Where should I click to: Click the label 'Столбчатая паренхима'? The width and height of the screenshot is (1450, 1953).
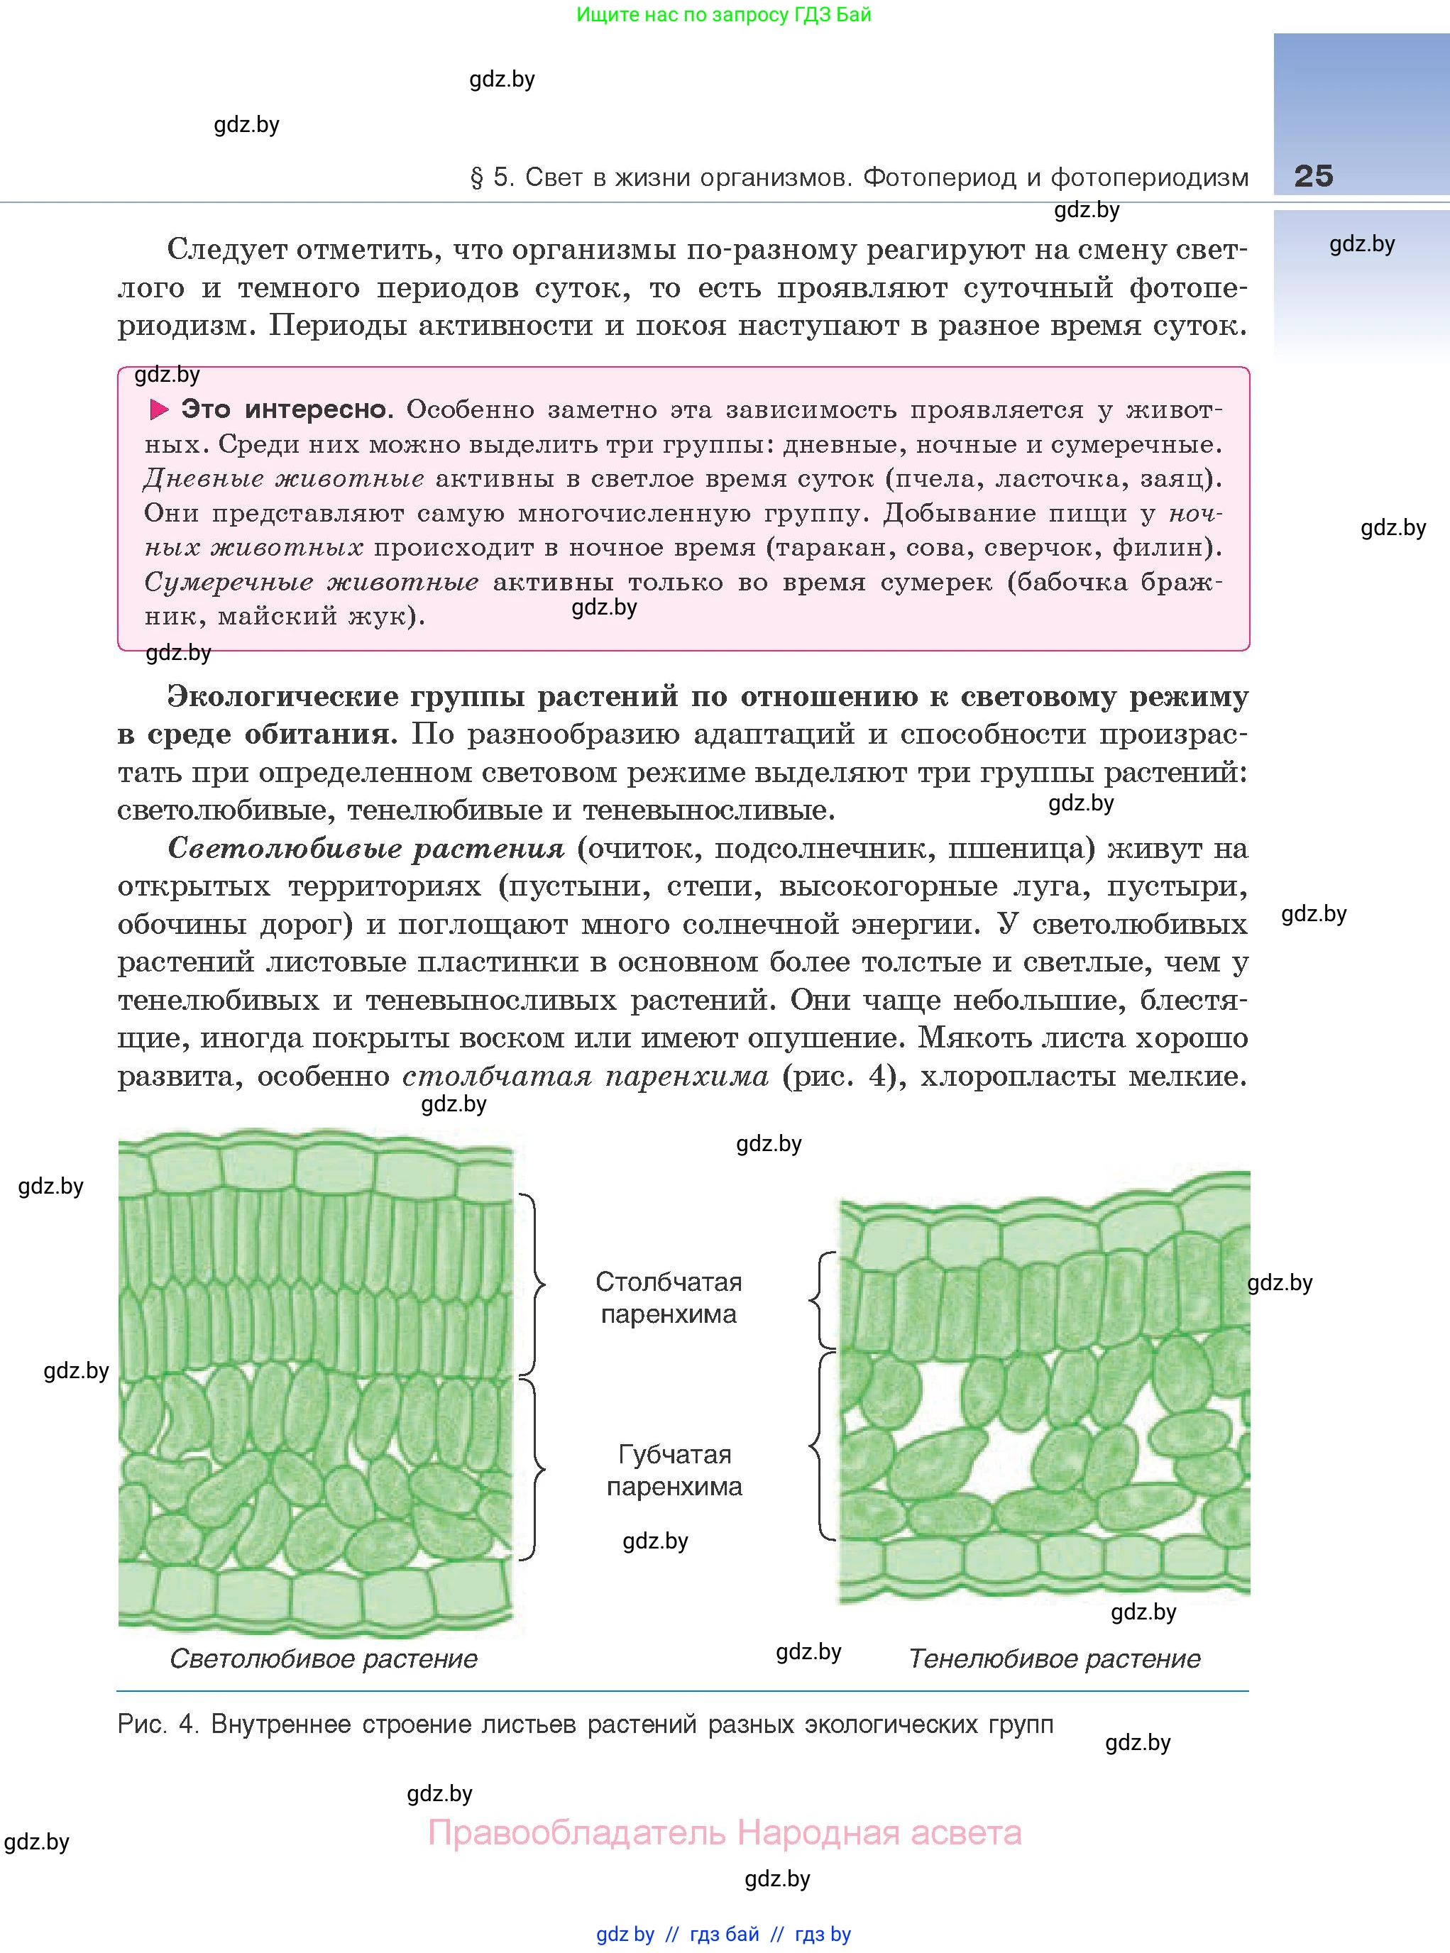pyautogui.click(x=669, y=1297)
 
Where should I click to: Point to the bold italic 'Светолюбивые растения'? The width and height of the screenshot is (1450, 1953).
pyautogui.click(x=366, y=848)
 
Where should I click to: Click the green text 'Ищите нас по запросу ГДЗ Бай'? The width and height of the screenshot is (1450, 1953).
pyautogui.click(x=724, y=14)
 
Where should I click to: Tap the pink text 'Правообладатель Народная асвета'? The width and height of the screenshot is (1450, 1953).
pyautogui.click(x=724, y=1833)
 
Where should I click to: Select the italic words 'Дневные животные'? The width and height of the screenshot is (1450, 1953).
pyautogui.click(x=283, y=478)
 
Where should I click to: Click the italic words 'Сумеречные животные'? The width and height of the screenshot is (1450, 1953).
pyautogui.click(x=311, y=582)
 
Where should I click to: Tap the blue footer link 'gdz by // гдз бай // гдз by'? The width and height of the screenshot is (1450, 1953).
pyautogui.click(x=723, y=1934)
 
